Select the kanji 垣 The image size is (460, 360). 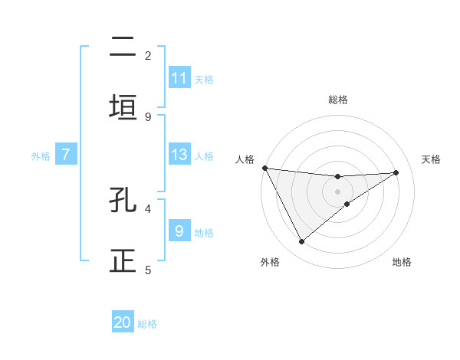[123, 107]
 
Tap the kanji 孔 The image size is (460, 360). [123, 200]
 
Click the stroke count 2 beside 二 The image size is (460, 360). [148, 55]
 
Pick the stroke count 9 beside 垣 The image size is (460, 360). [148, 116]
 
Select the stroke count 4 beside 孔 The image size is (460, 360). [148, 208]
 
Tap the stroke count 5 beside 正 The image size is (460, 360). [148, 270]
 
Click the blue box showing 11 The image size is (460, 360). [179, 78]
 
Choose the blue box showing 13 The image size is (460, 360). [179, 155]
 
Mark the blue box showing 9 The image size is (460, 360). [179, 231]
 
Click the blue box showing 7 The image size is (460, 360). [66, 155]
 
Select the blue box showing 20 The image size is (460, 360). [123, 322]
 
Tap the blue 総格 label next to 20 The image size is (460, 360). [147, 324]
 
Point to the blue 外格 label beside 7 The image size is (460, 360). [41, 156]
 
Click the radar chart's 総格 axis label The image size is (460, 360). [338, 100]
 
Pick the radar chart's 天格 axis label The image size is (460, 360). [432, 159]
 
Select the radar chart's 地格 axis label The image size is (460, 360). [402, 262]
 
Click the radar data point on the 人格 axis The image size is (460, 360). [264, 168]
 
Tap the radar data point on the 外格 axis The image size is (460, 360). [301, 242]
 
